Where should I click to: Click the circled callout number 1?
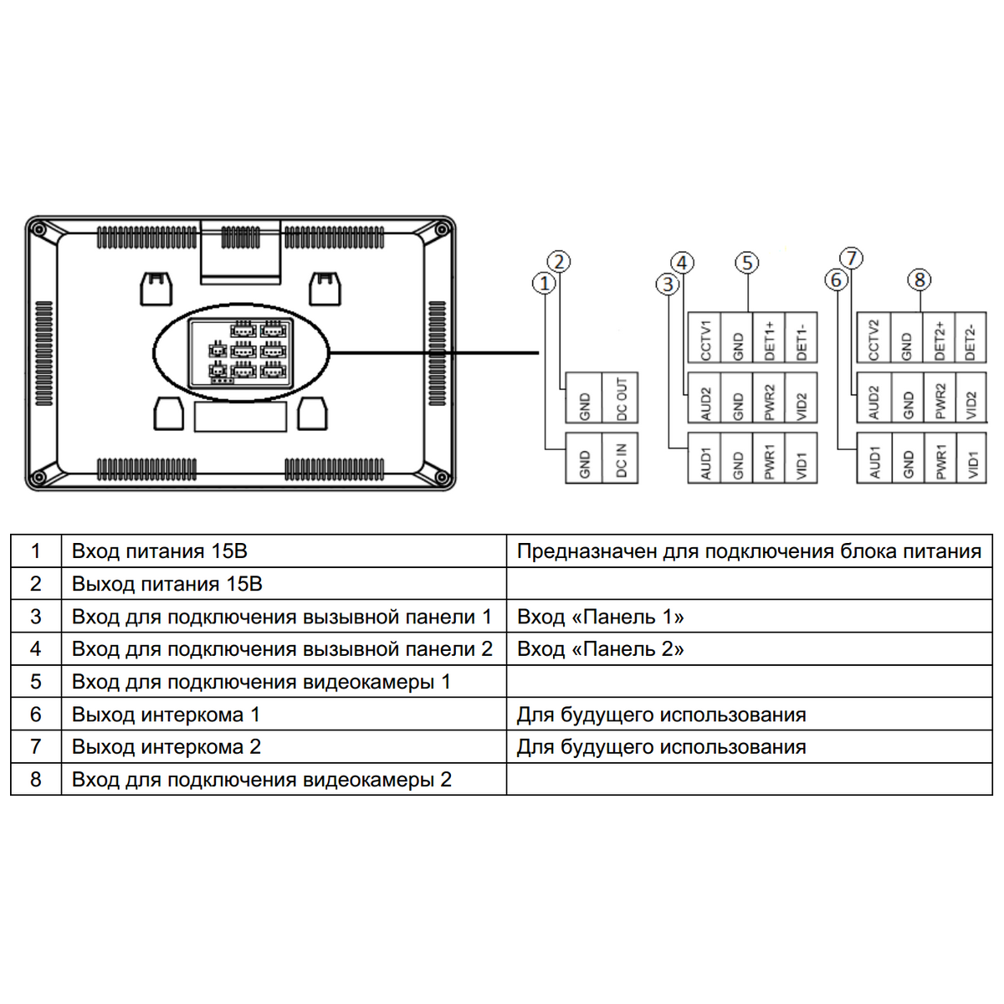(x=545, y=283)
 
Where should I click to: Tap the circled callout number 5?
(x=747, y=264)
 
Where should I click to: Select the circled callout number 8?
(x=919, y=279)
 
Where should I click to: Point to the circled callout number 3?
(x=667, y=284)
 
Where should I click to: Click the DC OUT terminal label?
(x=622, y=398)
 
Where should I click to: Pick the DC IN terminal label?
(x=622, y=459)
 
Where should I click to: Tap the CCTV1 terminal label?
(x=705, y=338)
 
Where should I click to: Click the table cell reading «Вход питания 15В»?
(x=159, y=551)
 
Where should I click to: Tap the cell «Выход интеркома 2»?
(x=166, y=747)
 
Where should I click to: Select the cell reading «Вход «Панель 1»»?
(x=600, y=617)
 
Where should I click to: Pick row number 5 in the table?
(x=35, y=682)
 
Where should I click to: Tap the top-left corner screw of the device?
(x=38, y=228)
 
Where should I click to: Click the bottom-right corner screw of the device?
(x=443, y=479)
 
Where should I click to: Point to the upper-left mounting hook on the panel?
(x=156, y=288)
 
